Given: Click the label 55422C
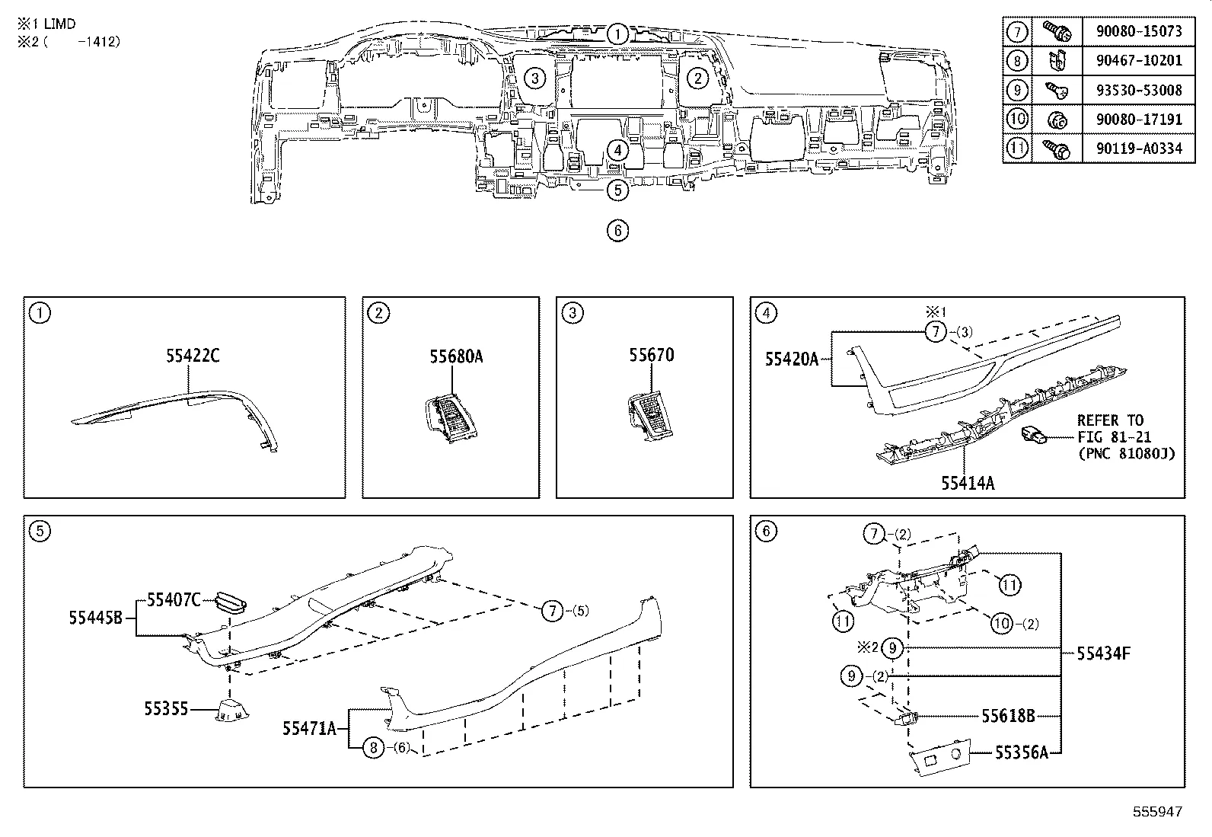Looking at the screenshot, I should (193, 355).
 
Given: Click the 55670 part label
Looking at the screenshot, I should (651, 355).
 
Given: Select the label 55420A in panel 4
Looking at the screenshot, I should (791, 358).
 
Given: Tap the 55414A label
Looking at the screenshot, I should (967, 483).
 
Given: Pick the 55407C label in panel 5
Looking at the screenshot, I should (174, 600).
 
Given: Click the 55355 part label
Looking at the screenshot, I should (165, 709).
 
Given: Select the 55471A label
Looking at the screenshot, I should (309, 729).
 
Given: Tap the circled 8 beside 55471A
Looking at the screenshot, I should (372, 748).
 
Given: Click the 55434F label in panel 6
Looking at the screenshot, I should (1103, 653).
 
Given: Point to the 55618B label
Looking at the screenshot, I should (1008, 716).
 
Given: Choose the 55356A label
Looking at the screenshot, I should (1022, 752).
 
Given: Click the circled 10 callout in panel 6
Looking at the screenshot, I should (1003, 623).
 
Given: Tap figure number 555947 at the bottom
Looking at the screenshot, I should (1157, 812).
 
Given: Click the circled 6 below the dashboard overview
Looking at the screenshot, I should (617, 230).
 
